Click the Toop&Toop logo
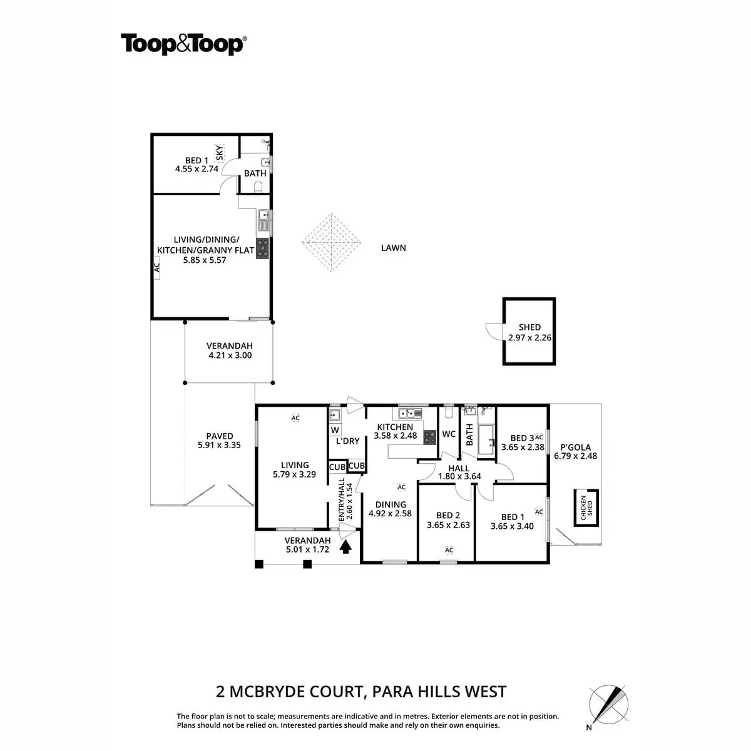(x=183, y=45)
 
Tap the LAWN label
(x=394, y=248)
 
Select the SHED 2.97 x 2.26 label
(x=529, y=332)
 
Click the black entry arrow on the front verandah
(x=345, y=547)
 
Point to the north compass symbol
(x=606, y=704)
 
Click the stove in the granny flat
(x=263, y=248)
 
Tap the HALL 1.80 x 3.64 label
(x=459, y=472)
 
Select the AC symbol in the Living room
(x=295, y=417)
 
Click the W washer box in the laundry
(x=335, y=430)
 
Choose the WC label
(x=449, y=434)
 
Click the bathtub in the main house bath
(x=486, y=440)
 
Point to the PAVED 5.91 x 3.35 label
(x=219, y=441)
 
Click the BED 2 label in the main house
(x=448, y=521)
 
